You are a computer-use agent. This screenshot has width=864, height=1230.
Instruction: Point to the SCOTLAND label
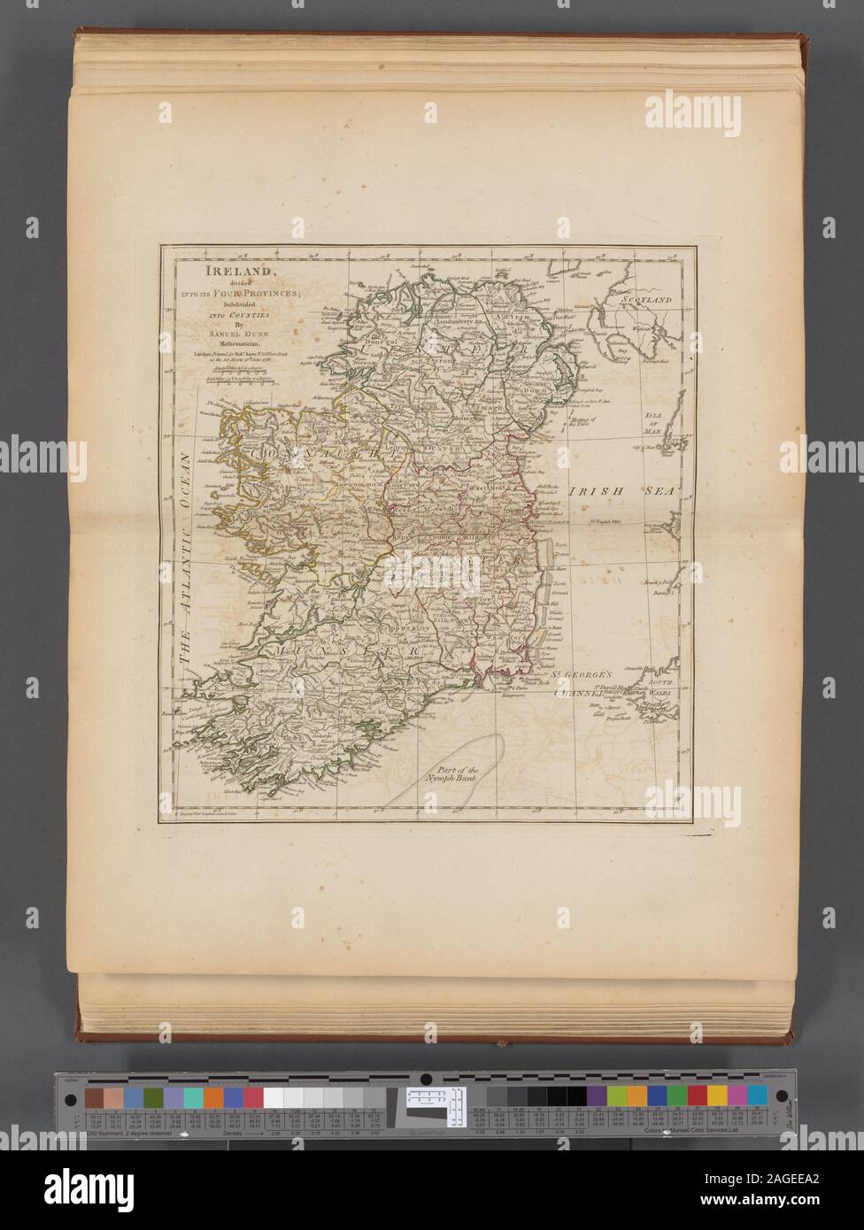647,300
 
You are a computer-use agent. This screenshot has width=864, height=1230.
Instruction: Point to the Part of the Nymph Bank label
453,752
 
